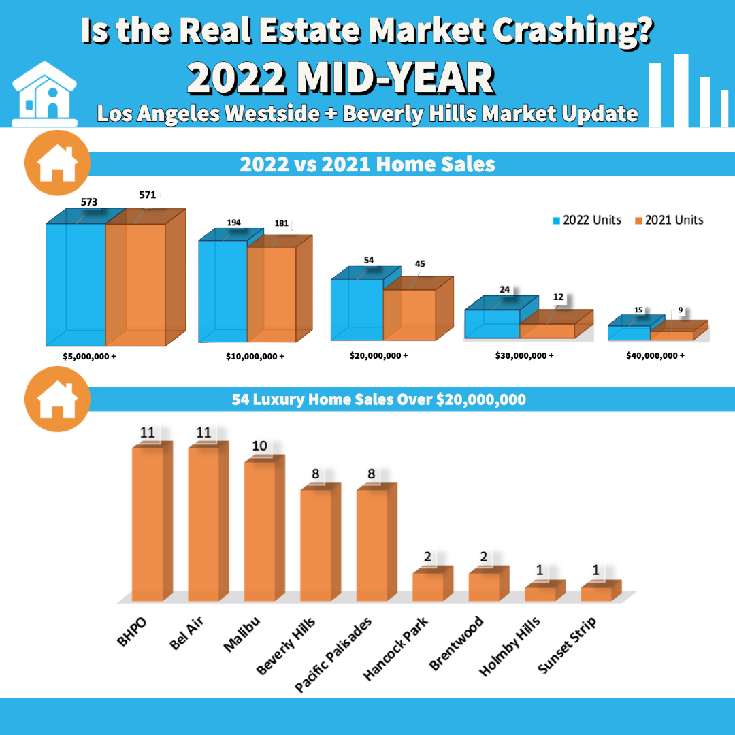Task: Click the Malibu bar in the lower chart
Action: point(260,531)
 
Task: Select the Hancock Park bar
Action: point(428,587)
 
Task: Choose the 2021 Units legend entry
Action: point(669,220)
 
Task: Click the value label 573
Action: point(89,202)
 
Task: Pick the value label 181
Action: point(281,223)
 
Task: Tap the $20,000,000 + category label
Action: point(380,355)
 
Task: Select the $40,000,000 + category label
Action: point(655,355)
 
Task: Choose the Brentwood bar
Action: point(484,587)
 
